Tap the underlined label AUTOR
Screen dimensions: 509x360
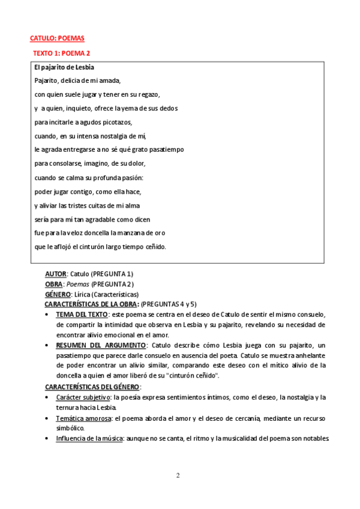coord(56,274)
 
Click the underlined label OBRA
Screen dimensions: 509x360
coord(54,284)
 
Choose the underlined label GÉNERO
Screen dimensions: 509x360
coord(58,294)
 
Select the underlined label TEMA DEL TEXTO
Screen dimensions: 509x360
coord(82,315)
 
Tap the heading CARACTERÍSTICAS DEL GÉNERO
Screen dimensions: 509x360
coord(92,386)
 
